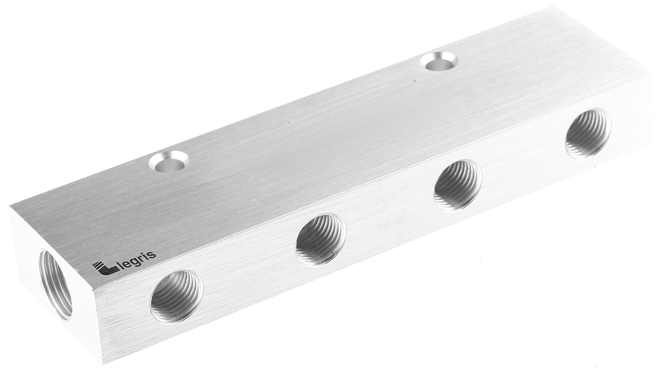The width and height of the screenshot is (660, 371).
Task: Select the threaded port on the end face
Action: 55,284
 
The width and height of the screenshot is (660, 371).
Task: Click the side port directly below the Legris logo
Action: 176,296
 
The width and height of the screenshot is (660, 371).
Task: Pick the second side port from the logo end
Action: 321,239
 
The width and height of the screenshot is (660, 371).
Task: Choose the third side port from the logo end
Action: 457,185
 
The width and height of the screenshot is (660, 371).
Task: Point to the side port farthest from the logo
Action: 588,133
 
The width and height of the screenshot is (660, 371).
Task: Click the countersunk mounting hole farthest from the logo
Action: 439,61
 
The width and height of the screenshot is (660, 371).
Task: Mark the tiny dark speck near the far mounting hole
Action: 415,81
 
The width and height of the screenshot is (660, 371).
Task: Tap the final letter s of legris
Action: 153,254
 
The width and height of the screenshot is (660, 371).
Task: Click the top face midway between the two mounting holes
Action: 304,111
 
